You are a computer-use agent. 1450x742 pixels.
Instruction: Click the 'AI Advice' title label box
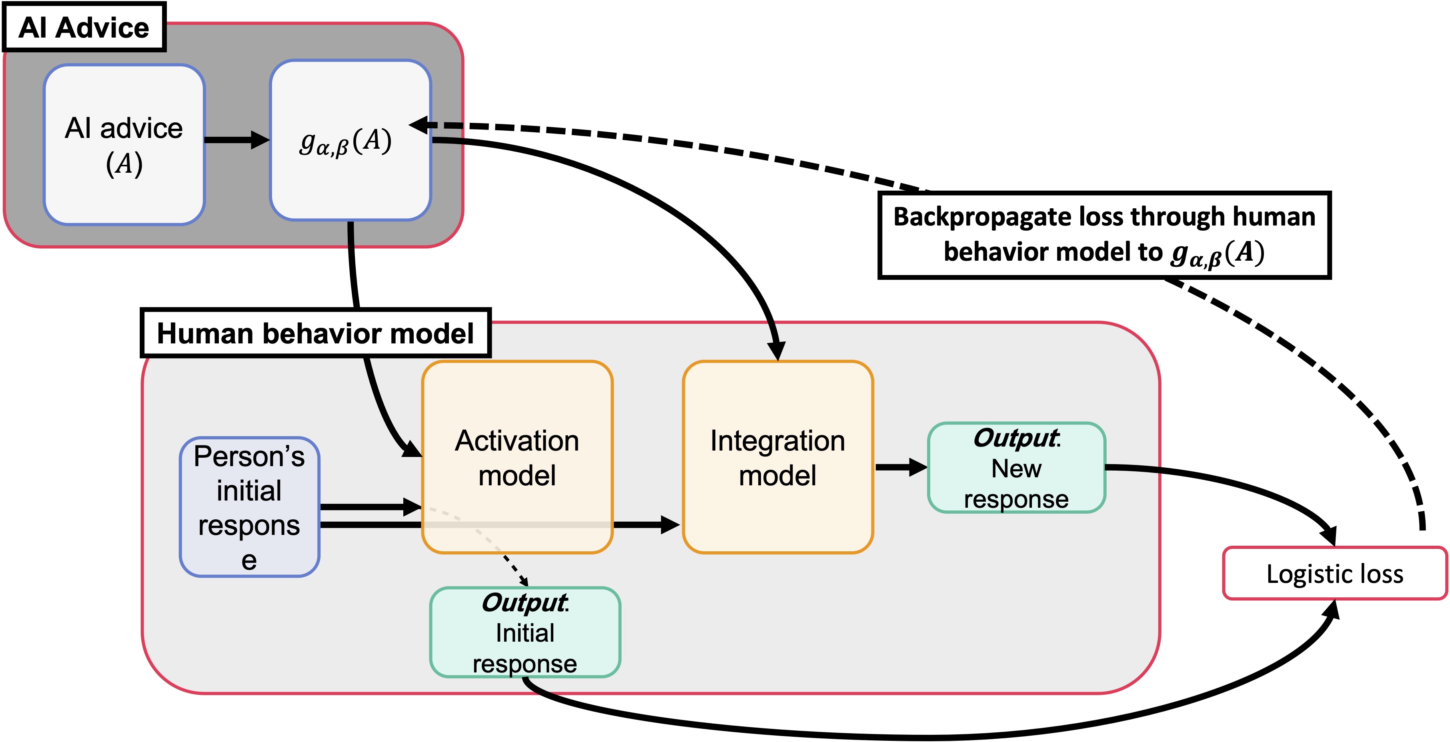pyautogui.click(x=84, y=28)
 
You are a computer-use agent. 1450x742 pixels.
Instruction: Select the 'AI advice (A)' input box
pyautogui.click(x=124, y=145)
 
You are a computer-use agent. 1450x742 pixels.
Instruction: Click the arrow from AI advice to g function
pyautogui.click(x=236, y=140)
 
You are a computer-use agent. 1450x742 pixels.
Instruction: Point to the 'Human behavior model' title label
pyautogui.click(x=315, y=333)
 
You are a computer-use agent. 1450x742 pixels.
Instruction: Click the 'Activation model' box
pyautogui.click(x=517, y=457)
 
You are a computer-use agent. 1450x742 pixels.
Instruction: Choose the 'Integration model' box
pyautogui.click(x=777, y=457)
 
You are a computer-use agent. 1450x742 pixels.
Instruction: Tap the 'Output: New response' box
pyautogui.click(x=1016, y=467)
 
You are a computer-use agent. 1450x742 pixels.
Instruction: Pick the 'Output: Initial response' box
pyautogui.click(x=525, y=632)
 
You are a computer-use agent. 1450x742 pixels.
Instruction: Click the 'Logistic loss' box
pyautogui.click(x=1335, y=573)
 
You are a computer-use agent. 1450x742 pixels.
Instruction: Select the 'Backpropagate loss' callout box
pyautogui.click(x=1104, y=235)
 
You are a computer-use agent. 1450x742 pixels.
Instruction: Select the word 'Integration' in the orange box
pyautogui.click(x=777, y=441)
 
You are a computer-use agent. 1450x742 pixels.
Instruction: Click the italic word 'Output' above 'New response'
pyautogui.click(x=1015, y=438)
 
